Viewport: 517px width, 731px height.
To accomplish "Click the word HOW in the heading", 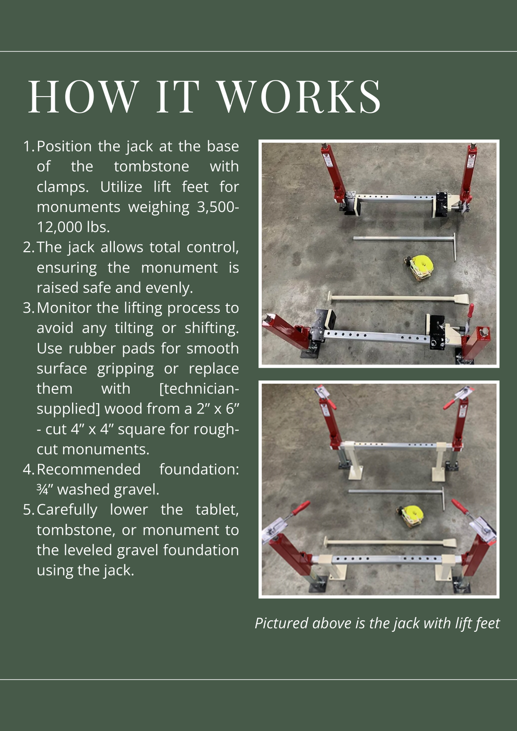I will [84, 97].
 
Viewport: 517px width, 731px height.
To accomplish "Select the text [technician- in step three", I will [199, 389].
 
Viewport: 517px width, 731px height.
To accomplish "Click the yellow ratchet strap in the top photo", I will [421, 267].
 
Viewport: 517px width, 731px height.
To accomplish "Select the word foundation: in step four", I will [199, 469].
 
